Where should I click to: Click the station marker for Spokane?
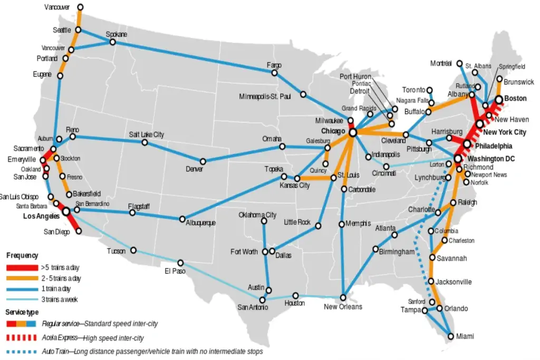point(113,42)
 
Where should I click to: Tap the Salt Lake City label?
point(146,134)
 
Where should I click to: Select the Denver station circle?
point(202,161)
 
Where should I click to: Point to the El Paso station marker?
point(180,262)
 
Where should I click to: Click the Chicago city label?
point(332,131)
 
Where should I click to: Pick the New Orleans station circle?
point(343,297)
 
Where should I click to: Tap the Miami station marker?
point(450,336)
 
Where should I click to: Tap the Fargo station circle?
point(274,73)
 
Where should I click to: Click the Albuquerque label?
point(200,223)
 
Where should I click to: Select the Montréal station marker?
point(460,63)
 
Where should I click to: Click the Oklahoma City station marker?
point(264,221)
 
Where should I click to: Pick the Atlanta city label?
point(385,228)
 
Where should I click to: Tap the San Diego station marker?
point(79,231)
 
